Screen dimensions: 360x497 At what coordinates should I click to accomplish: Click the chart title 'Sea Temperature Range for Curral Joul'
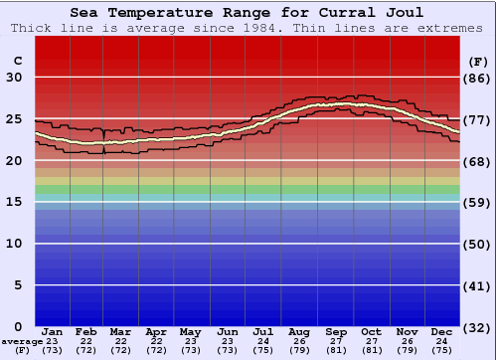(x=247, y=13)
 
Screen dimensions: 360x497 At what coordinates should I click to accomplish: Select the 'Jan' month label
(x=53, y=332)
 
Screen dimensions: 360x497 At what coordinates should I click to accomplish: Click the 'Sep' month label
(x=335, y=332)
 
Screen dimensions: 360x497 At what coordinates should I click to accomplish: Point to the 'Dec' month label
(x=442, y=332)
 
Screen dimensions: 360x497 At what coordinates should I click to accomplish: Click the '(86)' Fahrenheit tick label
(x=478, y=78)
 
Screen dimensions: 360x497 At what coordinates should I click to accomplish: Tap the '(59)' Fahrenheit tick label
(x=478, y=203)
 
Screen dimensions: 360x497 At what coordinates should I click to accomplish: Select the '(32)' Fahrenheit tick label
(x=478, y=327)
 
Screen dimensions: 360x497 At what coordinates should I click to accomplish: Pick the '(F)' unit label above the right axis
(x=478, y=60)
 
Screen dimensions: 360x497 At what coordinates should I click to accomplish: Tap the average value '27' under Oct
(x=371, y=341)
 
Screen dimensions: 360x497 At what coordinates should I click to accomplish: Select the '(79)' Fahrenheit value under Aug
(x=299, y=350)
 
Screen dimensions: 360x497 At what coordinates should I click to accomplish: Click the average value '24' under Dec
(x=442, y=341)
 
